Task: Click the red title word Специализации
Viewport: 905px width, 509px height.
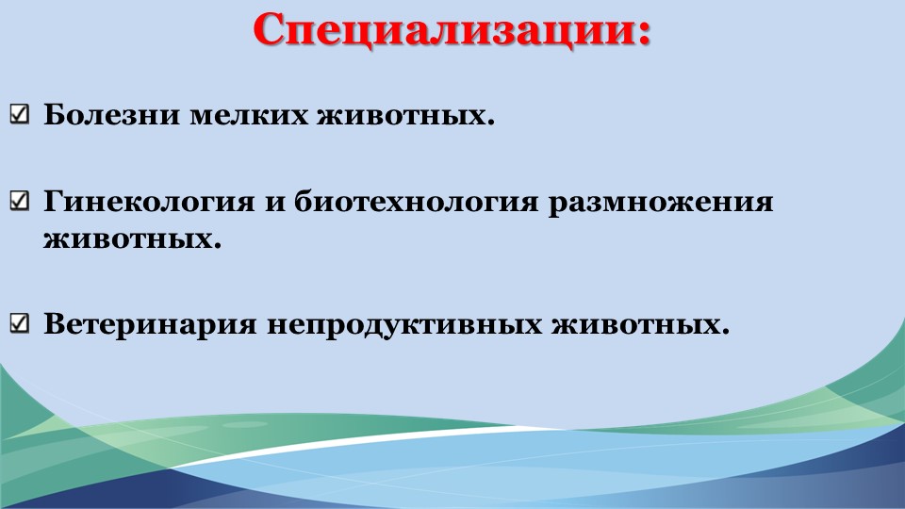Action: point(445,30)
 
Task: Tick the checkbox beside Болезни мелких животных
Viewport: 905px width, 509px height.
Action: point(20,114)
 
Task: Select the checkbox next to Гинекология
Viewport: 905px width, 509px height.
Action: point(20,200)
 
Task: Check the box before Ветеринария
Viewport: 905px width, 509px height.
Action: point(20,322)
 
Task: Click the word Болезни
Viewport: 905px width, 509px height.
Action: point(112,114)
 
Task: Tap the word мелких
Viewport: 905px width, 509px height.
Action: point(249,114)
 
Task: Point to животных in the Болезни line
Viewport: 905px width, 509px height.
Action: point(402,114)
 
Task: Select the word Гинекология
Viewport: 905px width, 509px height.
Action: point(149,202)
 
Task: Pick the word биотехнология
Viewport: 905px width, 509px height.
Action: point(416,202)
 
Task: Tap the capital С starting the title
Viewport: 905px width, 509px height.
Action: point(271,30)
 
